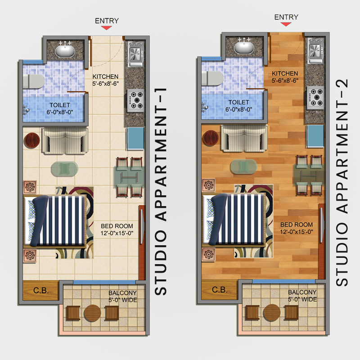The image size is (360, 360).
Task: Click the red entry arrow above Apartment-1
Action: click(107, 28)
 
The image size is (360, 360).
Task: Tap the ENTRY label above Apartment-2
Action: click(286, 17)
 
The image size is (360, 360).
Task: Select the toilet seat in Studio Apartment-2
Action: click(212, 78)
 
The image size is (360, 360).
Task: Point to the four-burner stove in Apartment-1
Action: click(136, 100)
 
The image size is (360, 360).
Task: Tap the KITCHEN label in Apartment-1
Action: click(105, 76)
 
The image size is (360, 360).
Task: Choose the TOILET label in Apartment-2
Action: click(239, 103)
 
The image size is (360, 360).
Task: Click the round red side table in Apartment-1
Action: click(32, 140)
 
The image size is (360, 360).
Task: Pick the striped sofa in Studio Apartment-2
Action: click(244, 139)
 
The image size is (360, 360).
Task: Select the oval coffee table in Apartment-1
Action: click(64, 169)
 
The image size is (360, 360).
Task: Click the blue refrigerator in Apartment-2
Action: click(315, 136)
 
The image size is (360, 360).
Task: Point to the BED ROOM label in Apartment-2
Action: click(297, 225)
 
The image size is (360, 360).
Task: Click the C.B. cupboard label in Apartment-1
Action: click(41, 290)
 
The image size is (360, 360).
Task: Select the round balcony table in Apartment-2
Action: click(272, 313)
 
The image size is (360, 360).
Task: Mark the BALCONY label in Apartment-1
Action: click(122, 293)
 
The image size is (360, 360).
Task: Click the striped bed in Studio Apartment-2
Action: click(234, 220)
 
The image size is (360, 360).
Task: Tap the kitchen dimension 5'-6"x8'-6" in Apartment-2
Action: click(285, 81)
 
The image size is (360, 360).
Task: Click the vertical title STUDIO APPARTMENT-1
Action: click(161, 192)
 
